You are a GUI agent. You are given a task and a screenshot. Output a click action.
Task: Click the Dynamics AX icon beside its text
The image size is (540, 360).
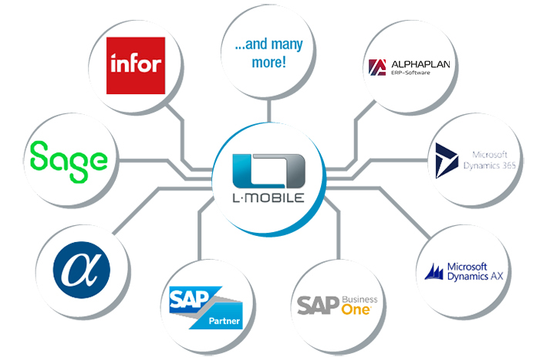click(x=437, y=271)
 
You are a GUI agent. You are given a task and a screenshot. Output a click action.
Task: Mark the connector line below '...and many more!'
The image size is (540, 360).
click(x=265, y=108)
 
